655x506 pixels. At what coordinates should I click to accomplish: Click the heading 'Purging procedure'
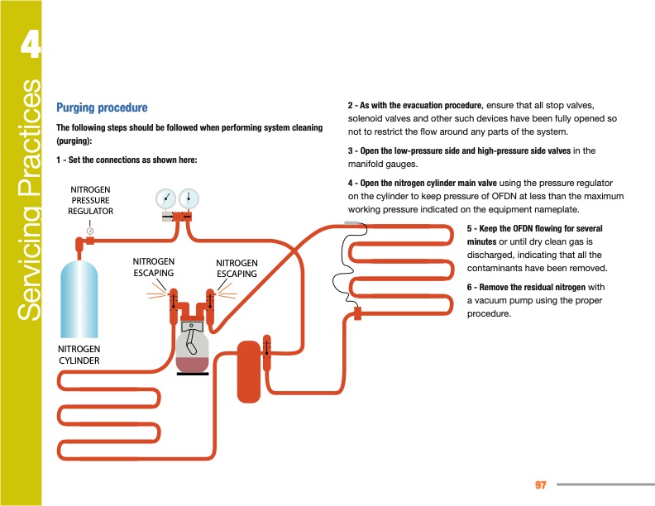click(x=102, y=107)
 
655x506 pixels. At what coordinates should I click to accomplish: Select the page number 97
click(x=542, y=484)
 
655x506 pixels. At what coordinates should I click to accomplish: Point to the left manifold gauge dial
click(x=166, y=199)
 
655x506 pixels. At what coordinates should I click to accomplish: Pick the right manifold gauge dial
click(x=189, y=199)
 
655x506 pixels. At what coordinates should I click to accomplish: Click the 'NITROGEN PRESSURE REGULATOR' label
click(x=90, y=200)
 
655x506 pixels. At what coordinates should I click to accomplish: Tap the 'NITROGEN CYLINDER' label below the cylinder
click(x=79, y=355)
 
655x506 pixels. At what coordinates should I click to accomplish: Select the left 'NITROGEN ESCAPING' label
click(x=153, y=267)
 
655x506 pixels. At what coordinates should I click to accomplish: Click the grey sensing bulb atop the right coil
click(x=353, y=224)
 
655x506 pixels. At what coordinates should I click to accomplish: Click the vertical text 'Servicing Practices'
click(x=31, y=198)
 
